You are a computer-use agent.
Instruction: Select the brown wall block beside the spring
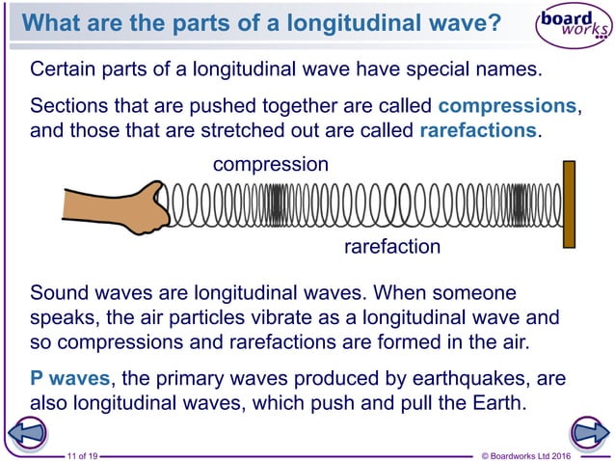(x=569, y=203)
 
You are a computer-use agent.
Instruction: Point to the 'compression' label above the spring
(x=270, y=165)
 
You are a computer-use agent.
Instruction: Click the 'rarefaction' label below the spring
(x=392, y=247)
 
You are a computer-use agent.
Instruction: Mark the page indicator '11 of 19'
(x=82, y=453)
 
